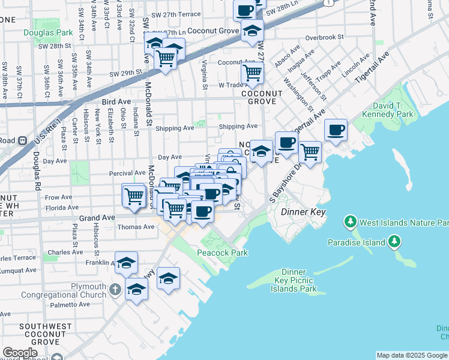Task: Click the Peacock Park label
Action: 223,253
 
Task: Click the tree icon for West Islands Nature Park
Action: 351,223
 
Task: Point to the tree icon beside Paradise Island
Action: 394,242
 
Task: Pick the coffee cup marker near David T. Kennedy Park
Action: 336,129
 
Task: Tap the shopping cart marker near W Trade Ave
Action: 252,73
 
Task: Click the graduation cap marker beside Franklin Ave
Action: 127,262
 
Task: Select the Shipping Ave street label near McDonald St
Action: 175,128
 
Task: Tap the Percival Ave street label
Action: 127,173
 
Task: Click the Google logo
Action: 20,352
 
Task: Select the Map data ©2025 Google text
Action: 412,355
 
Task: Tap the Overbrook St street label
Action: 324,37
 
